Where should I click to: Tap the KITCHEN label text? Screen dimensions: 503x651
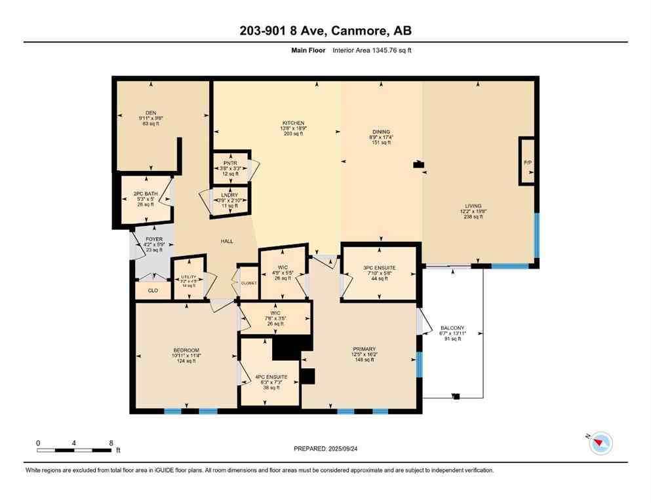point(293,123)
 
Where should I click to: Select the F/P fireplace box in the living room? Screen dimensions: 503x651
point(526,161)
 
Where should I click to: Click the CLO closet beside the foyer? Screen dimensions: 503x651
point(153,289)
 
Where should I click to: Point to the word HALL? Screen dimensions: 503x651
point(227,241)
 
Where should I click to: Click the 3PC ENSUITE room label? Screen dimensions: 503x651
point(379,268)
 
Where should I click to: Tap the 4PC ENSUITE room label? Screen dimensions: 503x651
point(271,377)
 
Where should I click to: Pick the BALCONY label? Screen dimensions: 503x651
point(452,328)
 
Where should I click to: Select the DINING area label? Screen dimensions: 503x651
point(381,132)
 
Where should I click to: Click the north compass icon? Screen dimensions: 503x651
point(601,443)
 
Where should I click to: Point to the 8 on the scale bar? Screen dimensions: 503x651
point(110,443)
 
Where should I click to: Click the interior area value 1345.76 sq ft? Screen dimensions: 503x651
point(390,50)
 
